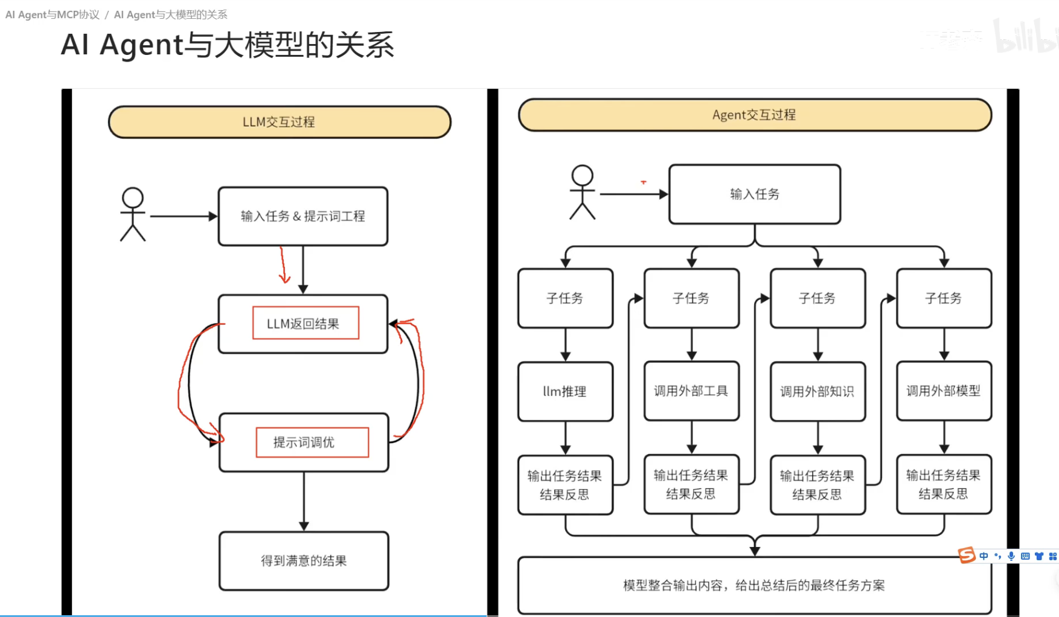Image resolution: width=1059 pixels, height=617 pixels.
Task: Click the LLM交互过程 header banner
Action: pyautogui.click(x=279, y=122)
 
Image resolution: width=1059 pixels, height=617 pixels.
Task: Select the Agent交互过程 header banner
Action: pyautogui.click(x=754, y=115)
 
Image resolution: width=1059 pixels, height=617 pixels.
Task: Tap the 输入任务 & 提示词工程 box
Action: pyautogui.click(x=302, y=216)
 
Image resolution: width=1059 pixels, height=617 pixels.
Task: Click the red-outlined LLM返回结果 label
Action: pyautogui.click(x=306, y=323)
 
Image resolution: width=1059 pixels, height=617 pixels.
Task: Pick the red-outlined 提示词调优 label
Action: pyautogui.click(x=312, y=442)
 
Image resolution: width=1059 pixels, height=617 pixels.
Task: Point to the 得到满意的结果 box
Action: pyautogui.click(x=304, y=560)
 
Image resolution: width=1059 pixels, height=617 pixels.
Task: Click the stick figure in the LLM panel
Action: pyautogui.click(x=132, y=214)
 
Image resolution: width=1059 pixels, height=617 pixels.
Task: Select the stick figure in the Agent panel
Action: pyautogui.click(x=582, y=192)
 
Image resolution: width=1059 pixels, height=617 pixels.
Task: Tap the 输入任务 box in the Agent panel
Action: pyautogui.click(x=754, y=194)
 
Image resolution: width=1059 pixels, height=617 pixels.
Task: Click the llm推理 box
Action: pyautogui.click(x=565, y=391)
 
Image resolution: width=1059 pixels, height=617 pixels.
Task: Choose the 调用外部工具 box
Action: pyautogui.click(x=691, y=391)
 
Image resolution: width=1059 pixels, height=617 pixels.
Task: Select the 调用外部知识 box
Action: pyautogui.click(x=817, y=391)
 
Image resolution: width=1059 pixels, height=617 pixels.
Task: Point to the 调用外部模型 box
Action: pyautogui.click(x=944, y=391)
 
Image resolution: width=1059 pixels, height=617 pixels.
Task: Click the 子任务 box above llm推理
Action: pyautogui.click(x=565, y=298)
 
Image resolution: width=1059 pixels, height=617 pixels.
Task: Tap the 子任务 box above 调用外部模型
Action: pyautogui.click(x=944, y=298)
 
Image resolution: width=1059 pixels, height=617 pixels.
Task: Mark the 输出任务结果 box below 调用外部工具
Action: pyautogui.click(x=691, y=484)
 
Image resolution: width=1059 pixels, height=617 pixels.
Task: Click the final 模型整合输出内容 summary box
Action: pyautogui.click(x=754, y=585)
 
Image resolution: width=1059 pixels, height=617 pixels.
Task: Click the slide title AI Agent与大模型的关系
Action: pyautogui.click(x=228, y=45)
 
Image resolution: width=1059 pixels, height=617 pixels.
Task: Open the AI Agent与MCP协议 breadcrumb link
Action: pyautogui.click(x=53, y=14)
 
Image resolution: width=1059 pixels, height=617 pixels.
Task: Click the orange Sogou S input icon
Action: pyautogui.click(x=967, y=555)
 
